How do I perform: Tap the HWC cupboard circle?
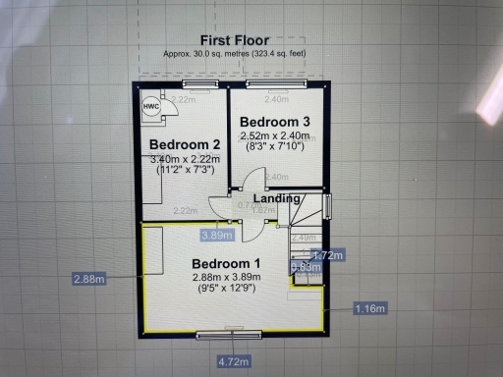coord(152,108)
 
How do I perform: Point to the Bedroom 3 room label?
coord(276,121)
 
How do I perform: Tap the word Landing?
coord(277,197)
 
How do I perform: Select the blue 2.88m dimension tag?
coord(88,279)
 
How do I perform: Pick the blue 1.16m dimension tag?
coord(368,308)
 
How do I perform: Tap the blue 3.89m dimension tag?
coord(216,235)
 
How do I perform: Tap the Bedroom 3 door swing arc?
coord(251,183)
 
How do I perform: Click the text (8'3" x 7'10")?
coord(276,147)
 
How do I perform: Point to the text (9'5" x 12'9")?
coord(226,291)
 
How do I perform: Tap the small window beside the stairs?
coord(328,207)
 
